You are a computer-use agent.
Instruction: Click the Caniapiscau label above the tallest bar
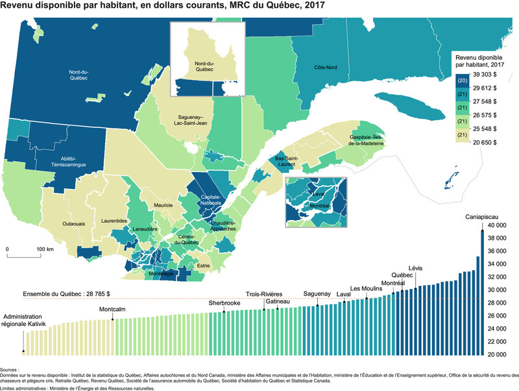coord(481,217)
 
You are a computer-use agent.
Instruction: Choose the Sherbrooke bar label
coord(224,303)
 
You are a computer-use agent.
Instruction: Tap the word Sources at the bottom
coord(10,368)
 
